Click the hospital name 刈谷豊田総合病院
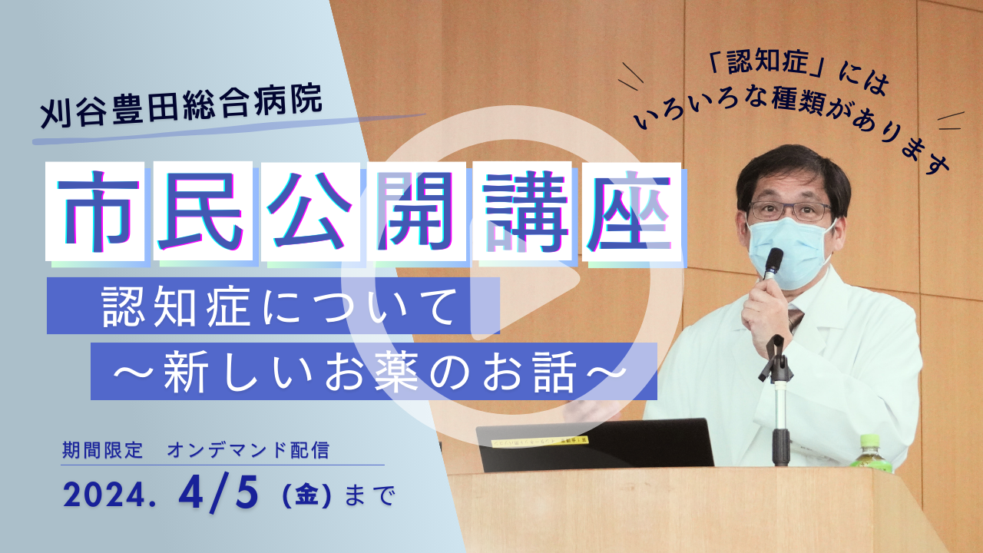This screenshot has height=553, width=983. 181,108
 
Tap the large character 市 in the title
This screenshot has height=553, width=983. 95,211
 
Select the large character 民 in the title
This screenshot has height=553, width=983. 202,211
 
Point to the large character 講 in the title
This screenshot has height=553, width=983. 522,211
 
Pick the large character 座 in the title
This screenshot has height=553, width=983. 631,211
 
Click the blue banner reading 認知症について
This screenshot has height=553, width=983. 273,306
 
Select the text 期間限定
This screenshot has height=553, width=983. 103,450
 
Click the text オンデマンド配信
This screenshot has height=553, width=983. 248,450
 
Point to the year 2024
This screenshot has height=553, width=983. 110,495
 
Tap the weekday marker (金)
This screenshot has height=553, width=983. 306,496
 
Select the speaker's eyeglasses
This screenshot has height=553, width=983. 790,211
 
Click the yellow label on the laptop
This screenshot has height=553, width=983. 540,442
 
